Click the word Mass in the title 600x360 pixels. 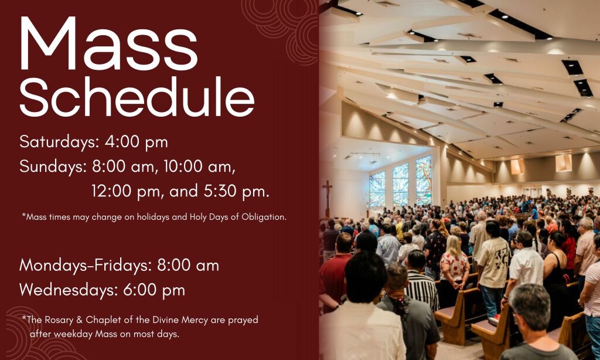click(108, 43)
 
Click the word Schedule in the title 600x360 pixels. click(137, 97)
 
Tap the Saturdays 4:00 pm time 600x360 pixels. click(136, 142)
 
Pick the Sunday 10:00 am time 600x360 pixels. click(199, 167)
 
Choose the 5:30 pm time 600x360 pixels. click(236, 191)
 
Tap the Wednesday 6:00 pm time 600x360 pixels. click(154, 290)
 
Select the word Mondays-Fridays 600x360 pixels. click(86, 266)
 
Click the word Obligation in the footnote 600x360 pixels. click(264, 217)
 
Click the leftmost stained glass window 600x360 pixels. click(377, 189)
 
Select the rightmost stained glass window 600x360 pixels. click(424, 180)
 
